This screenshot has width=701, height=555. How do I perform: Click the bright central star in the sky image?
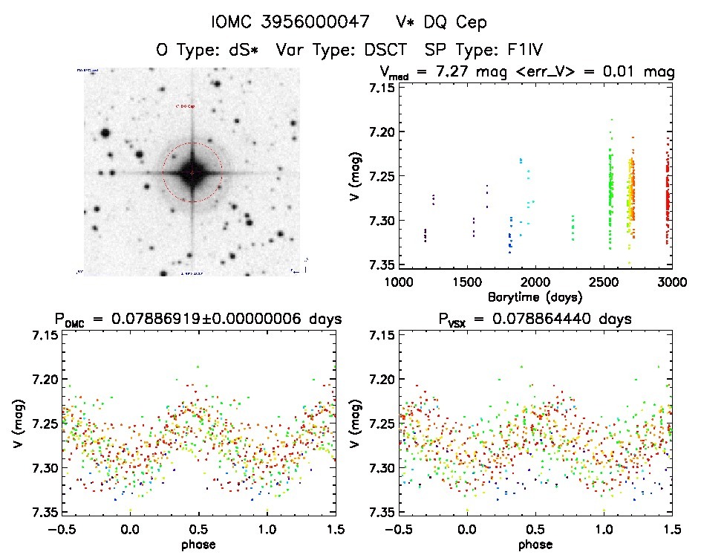point(192,172)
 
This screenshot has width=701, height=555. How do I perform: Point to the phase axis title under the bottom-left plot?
point(199,544)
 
